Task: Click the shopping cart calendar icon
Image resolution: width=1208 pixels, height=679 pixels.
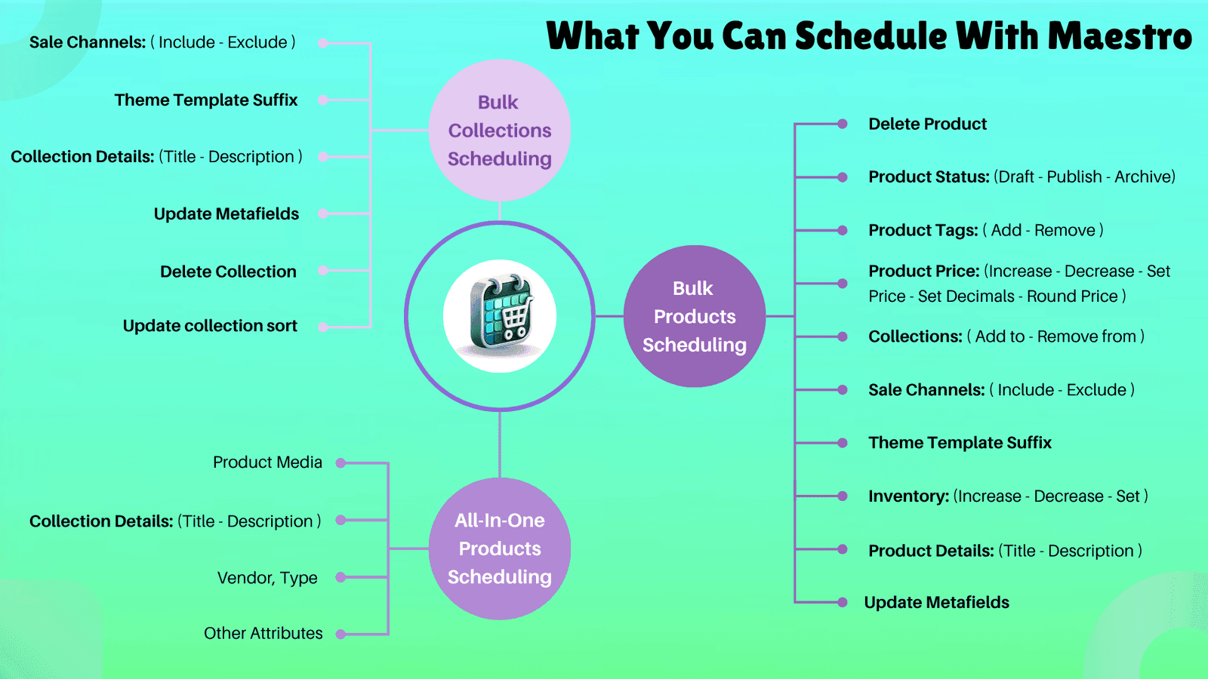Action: tap(500, 315)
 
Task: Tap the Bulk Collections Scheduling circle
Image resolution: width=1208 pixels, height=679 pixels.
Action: tap(500, 131)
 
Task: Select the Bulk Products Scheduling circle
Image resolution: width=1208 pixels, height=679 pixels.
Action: tap(695, 316)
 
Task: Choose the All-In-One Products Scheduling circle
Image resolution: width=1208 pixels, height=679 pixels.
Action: tap(500, 548)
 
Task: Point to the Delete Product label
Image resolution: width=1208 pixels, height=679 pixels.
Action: tap(927, 124)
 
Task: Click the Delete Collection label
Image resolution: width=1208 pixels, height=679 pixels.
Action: tap(228, 272)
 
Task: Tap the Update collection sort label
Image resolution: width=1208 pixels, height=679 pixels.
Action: tap(210, 326)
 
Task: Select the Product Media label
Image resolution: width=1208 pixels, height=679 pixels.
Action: tap(267, 462)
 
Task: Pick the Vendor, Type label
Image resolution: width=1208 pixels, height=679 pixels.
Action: tap(267, 578)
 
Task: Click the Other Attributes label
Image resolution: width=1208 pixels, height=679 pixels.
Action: tap(263, 634)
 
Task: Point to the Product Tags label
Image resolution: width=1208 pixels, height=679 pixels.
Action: tap(923, 230)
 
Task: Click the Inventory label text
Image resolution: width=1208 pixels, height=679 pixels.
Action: tap(908, 496)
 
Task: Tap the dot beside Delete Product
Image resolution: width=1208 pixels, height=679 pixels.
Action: tap(843, 124)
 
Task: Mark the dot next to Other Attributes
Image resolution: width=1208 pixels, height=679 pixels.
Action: tap(341, 634)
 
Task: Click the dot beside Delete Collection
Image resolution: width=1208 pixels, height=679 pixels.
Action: tap(322, 271)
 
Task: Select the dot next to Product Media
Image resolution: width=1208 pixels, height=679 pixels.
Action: tap(341, 463)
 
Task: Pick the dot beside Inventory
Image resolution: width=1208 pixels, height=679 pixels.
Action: tap(843, 496)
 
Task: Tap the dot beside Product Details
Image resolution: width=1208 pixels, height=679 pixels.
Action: tap(843, 550)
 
